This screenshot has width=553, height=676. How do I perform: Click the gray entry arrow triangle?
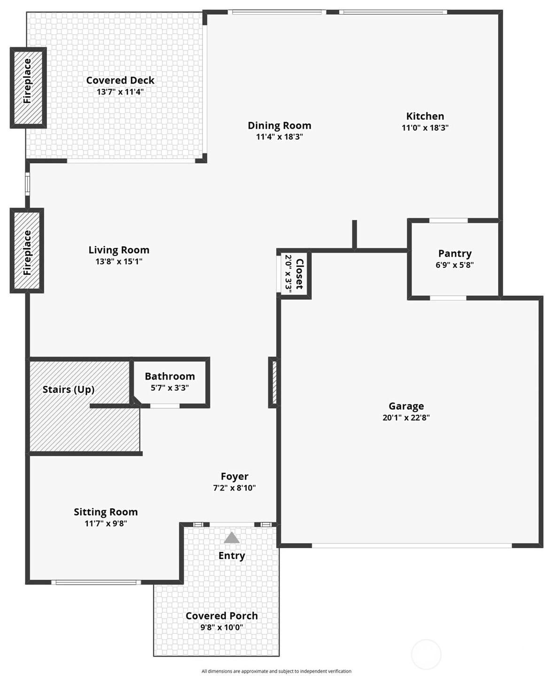(x=232, y=537)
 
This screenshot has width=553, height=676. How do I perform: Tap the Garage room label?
(x=406, y=406)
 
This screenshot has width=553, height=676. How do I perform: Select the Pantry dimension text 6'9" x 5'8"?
(x=455, y=265)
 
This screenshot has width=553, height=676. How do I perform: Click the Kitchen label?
(x=425, y=116)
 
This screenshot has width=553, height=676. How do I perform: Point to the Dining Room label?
(x=280, y=125)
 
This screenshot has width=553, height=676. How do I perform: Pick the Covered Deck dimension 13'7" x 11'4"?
(x=120, y=92)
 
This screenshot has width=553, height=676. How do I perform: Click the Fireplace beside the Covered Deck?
(x=28, y=88)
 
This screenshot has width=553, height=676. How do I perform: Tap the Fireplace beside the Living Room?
(x=27, y=250)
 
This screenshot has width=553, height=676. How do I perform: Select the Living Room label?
(x=119, y=250)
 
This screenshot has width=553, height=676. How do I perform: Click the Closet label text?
(x=299, y=274)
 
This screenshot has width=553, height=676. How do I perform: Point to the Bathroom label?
(x=170, y=376)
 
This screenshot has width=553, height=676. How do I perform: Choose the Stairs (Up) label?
(x=69, y=389)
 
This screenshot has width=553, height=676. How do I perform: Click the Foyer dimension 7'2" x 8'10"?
(x=234, y=488)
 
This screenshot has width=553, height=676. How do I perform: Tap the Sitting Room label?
(x=106, y=512)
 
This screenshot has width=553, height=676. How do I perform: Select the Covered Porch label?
(x=222, y=616)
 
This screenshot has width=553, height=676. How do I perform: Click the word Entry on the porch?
(x=232, y=555)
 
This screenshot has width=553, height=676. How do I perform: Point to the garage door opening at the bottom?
(x=412, y=545)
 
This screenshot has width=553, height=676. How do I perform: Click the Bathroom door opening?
(x=165, y=406)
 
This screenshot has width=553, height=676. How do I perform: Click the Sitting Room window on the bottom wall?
(x=96, y=583)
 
